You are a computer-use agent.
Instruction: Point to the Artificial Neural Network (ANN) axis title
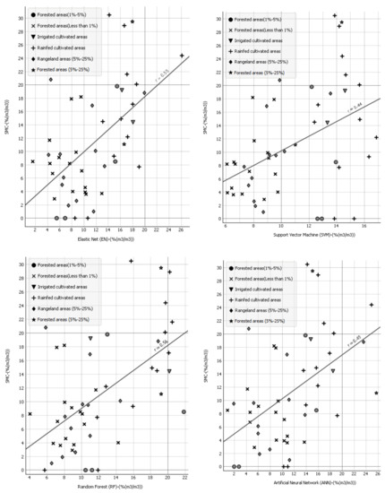pyautogui.click(x=300, y=485)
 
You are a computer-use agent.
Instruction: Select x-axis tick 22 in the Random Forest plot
pyautogui.click(x=184, y=476)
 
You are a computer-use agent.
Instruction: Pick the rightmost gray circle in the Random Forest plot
pyautogui.click(x=184, y=411)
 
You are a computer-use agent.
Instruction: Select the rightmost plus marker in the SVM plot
pyautogui.click(x=376, y=137)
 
